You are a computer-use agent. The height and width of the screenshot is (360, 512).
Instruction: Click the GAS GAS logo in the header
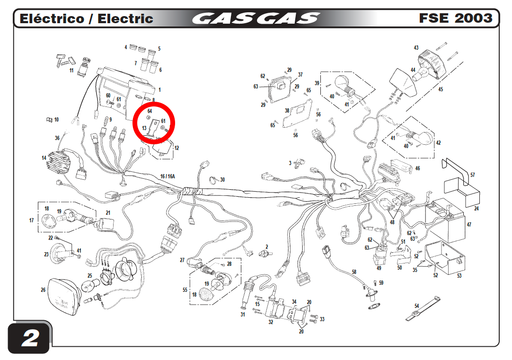(256, 18)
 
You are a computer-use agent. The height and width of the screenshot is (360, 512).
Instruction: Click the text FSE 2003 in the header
(456, 18)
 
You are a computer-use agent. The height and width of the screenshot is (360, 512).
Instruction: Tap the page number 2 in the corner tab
(30, 338)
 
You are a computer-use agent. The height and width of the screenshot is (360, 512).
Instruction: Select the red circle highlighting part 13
(154, 123)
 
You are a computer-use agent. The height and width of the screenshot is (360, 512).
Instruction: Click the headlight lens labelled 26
(64, 297)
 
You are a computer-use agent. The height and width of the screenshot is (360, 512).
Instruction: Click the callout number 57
(472, 175)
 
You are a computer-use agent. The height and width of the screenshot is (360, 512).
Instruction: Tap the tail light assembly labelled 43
(433, 64)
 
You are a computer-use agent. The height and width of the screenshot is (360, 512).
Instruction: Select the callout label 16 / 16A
(168, 176)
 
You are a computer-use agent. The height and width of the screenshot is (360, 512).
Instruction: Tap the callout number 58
(354, 272)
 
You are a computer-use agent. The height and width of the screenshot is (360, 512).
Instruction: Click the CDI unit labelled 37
(279, 88)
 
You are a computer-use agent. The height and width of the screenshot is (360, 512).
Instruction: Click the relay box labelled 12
(161, 149)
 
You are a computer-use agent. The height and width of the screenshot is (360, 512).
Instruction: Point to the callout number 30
(222, 179)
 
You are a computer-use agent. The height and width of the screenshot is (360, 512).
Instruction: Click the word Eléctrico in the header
(52, 18)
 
